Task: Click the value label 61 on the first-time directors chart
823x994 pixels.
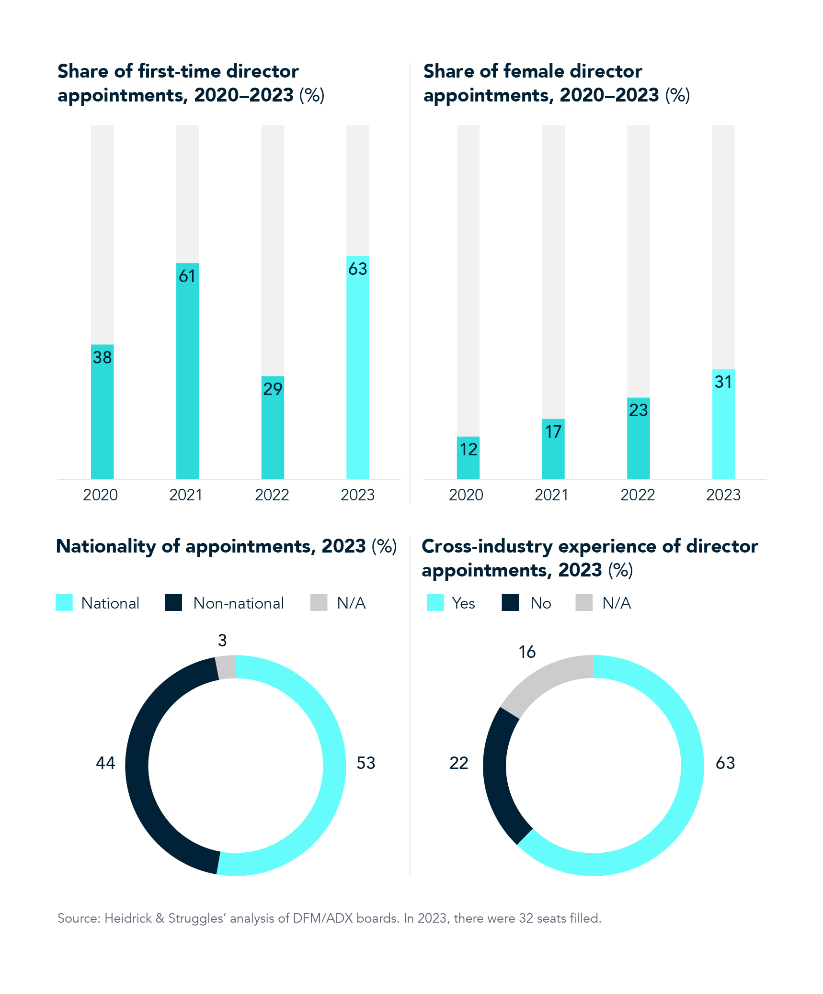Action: pos(187,276)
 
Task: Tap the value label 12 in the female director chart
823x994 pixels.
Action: pos(468,450)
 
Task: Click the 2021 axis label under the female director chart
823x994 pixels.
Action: pos(551,495)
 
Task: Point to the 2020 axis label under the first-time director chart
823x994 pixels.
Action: pos(100,495)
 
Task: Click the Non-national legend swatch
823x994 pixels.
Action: pos(173,602)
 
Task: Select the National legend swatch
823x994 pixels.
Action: pos(64,602)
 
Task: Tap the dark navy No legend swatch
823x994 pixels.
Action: pos(510,602)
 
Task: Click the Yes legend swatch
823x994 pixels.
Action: pos(435,602)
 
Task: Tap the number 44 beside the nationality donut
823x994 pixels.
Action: pos(105,763)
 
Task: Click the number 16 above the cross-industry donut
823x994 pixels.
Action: pos(527,652)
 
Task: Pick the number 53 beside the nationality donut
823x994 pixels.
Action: pos(366,763)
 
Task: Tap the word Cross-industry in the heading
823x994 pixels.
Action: pos(487,546)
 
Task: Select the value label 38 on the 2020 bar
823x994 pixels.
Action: pos(102,358)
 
